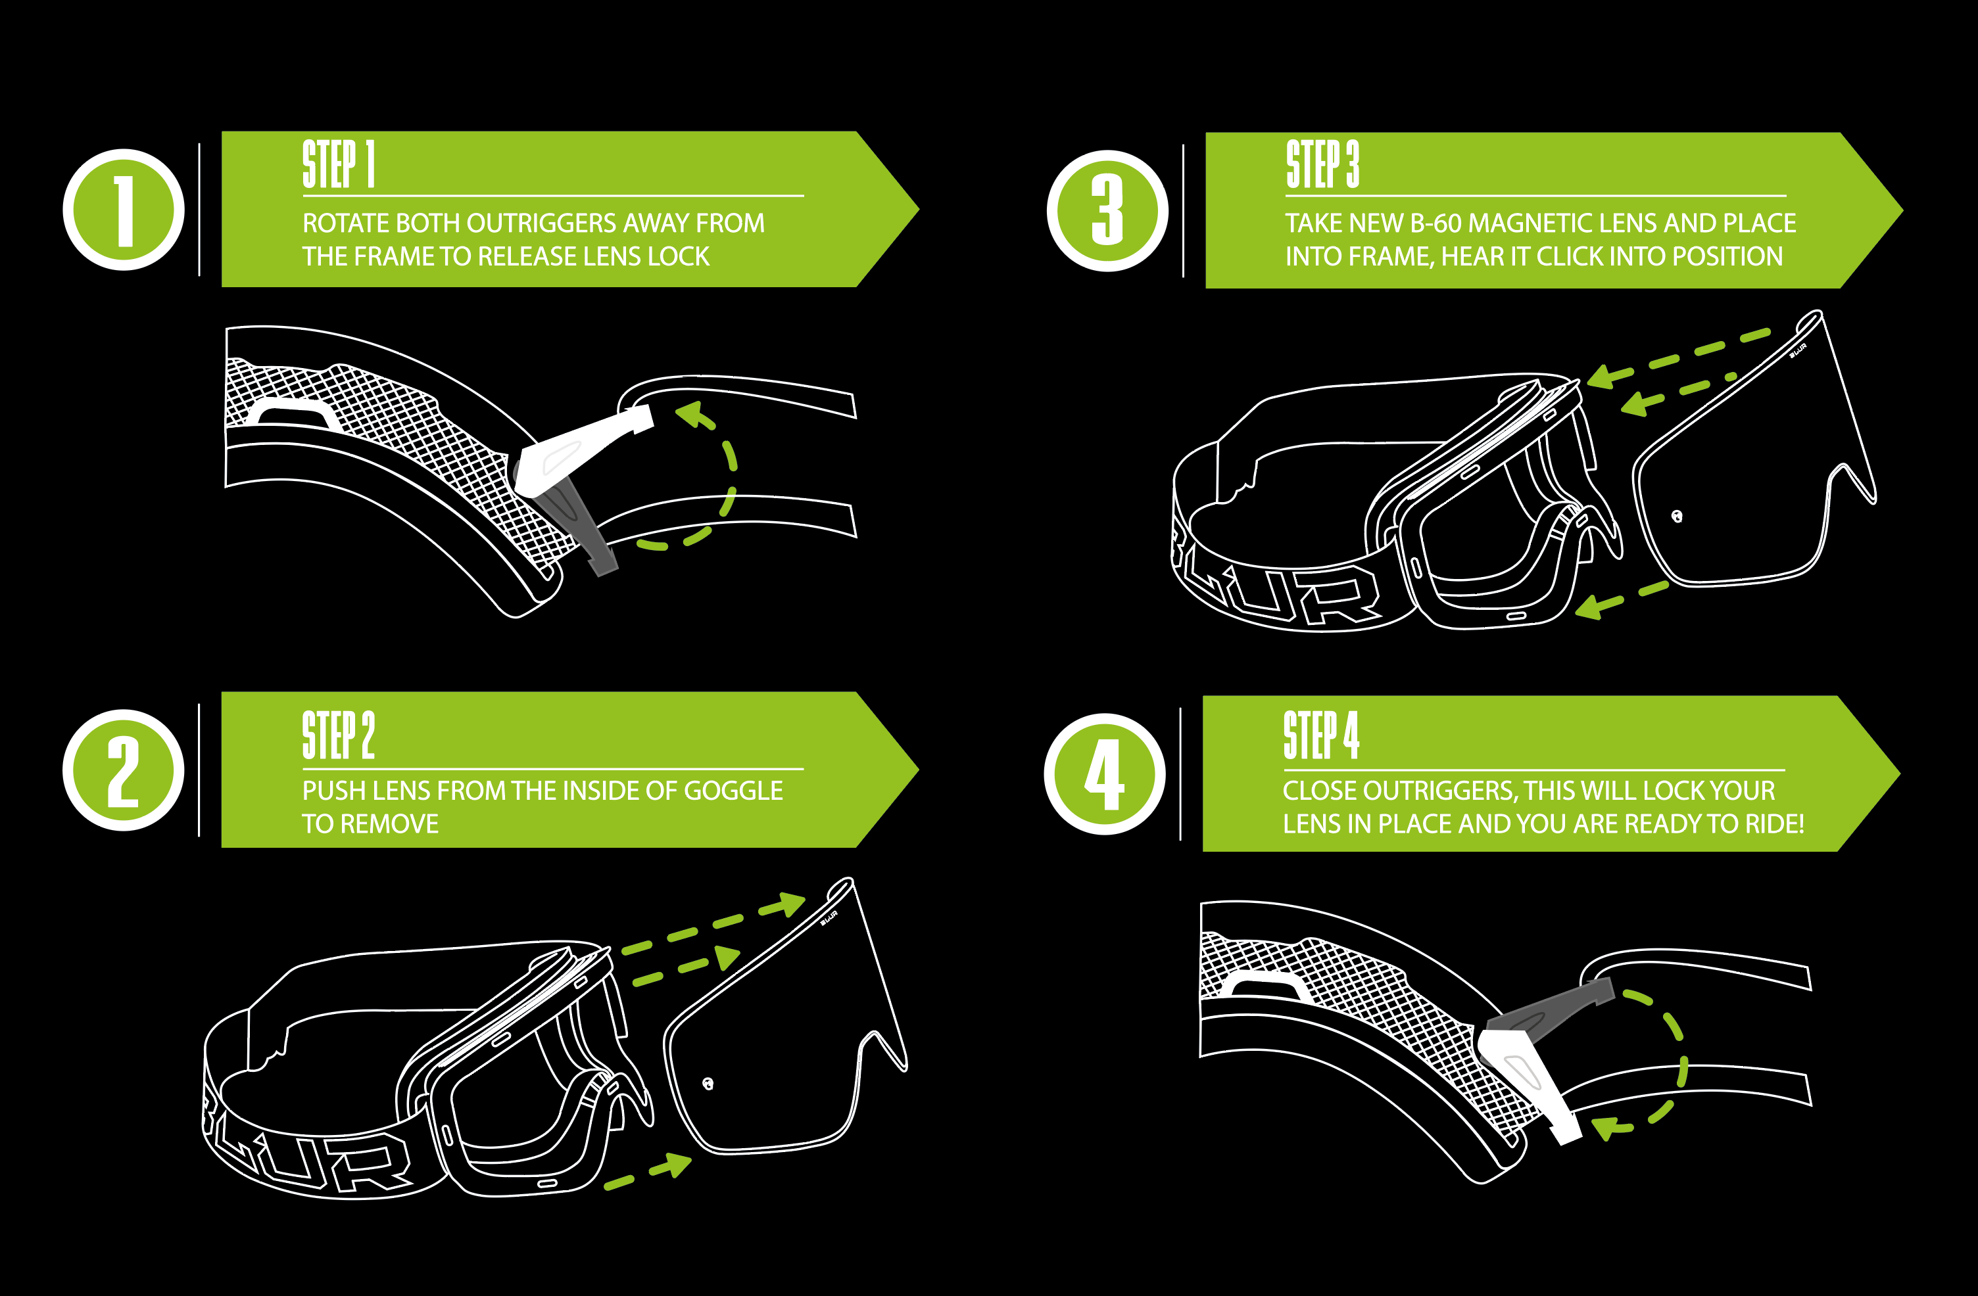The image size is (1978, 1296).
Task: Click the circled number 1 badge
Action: click(x=124, y=210)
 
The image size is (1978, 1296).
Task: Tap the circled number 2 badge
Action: click(x=124, y=770)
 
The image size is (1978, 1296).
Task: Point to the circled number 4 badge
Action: click(x=1105, y=774)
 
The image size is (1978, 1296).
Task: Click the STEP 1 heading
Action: click(x=338, y=164)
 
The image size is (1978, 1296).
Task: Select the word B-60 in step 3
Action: click(x=1436, y=223)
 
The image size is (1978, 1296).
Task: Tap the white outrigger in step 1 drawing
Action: click(x=573, y=449)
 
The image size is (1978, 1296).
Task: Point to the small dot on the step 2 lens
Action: click(x=708, y=1083)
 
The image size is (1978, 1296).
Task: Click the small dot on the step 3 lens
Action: click(x=1676, y=517)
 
